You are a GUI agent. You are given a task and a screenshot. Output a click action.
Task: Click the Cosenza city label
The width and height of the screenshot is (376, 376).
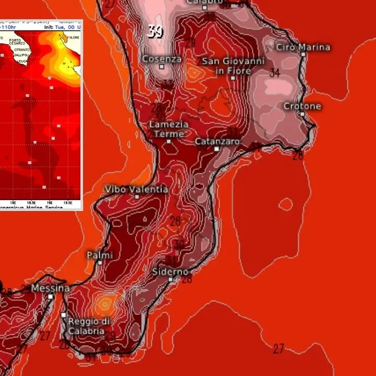162,59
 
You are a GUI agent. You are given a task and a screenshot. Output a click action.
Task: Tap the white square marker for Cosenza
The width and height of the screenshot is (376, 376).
162,67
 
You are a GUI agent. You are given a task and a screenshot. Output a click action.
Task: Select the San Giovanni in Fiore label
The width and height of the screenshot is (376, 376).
233,66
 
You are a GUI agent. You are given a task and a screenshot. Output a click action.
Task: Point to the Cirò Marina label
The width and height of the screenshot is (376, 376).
303,47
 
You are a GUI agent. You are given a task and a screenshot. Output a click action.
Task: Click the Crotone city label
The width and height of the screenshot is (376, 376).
302,106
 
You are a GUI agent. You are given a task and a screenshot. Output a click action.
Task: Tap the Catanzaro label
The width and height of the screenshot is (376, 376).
217,141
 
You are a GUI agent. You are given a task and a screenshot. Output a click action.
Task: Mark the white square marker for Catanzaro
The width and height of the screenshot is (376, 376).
217,149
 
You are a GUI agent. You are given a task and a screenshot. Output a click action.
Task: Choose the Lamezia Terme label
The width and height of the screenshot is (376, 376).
168,129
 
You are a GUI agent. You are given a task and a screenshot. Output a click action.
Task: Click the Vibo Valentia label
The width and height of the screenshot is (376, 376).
136,189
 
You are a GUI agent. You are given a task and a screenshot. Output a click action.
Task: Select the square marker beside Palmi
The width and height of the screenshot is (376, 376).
100,263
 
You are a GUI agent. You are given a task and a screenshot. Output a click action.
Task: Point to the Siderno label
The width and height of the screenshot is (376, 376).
170,272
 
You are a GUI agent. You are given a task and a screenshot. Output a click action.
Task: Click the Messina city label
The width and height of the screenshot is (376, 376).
50,288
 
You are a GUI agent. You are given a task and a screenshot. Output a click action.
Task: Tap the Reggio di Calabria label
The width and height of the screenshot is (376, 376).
89,325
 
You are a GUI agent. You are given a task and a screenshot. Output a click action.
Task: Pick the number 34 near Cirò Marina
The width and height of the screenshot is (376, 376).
275,73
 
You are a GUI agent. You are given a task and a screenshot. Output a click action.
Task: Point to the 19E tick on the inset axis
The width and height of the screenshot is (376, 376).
51,202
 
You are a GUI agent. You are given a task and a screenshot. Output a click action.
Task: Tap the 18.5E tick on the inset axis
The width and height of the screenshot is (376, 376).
32,202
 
